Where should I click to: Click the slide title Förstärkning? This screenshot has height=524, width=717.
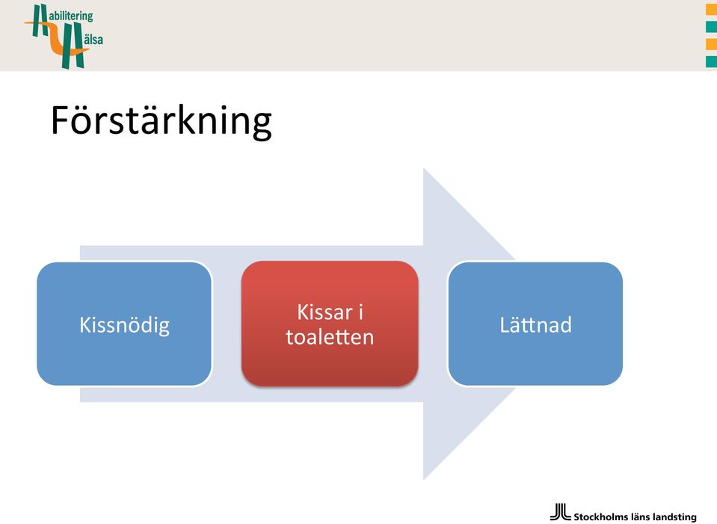(161, 121)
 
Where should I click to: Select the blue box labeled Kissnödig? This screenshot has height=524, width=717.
(124, 324)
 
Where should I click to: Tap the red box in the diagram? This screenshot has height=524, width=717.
(330, 324)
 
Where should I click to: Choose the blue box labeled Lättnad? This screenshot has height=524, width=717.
(535, 324)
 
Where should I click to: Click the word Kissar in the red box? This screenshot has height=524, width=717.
(325, 312)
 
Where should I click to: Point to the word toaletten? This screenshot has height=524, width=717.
(330, 337)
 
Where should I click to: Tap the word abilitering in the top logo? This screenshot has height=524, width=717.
(71, 16)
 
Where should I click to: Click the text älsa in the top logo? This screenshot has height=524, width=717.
(93, 40)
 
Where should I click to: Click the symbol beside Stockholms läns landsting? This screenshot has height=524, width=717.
(560, 511)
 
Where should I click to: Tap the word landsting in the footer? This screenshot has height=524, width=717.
(675, 517)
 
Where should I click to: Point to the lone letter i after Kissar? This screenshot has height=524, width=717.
(361, 312)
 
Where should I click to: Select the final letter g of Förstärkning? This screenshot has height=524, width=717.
(262, 126)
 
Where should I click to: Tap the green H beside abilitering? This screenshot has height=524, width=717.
(40, 21)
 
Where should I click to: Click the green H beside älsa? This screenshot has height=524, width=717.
(73, 46)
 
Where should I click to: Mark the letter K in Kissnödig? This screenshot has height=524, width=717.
(85, 324)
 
